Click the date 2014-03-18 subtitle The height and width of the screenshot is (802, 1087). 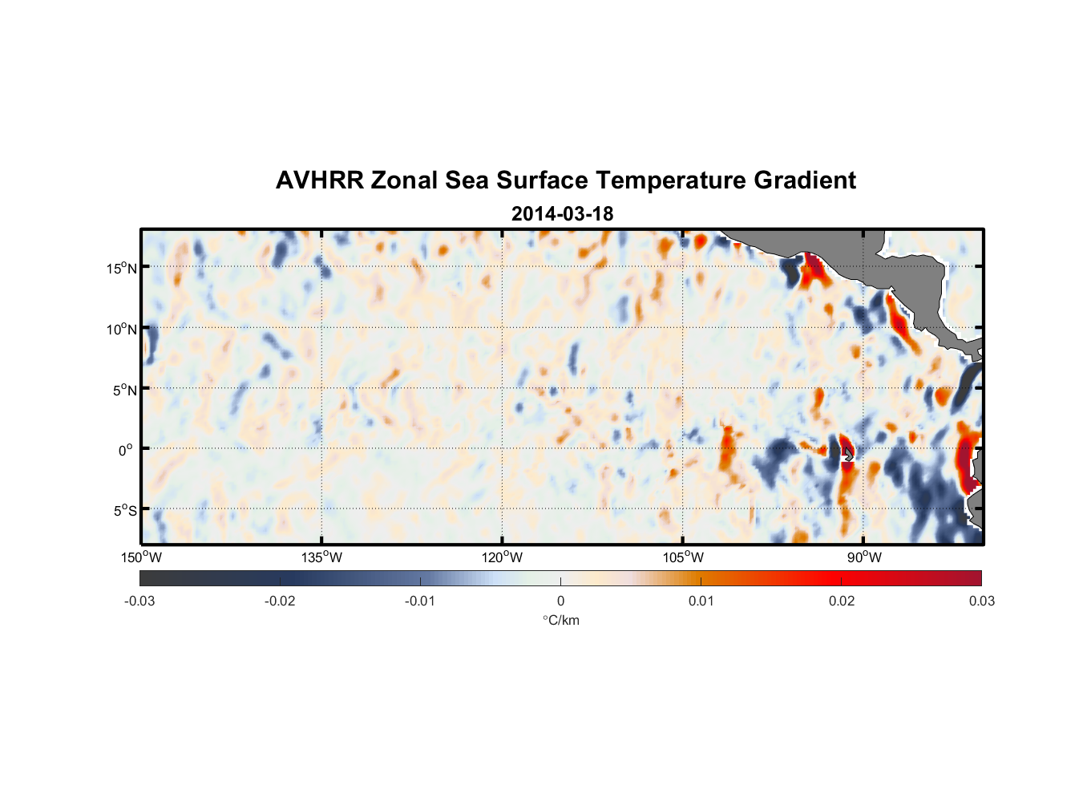click(562, 214)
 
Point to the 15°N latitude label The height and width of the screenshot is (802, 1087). click(122, 268)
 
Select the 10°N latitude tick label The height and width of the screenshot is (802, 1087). click(122, 329)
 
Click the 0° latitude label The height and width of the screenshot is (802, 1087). click(126, 450)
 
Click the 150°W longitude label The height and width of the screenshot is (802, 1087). click(142, 557)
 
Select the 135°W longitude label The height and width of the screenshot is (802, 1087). click(322, 557)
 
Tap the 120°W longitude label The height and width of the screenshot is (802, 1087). click(503, 557)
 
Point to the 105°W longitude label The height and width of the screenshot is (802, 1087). click(683, 557)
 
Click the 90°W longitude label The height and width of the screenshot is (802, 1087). click(864, 557)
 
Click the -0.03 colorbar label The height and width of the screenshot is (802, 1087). click(139, 601)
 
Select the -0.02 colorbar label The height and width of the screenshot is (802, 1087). click(280, 601)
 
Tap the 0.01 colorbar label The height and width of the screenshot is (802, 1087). click(701, 601)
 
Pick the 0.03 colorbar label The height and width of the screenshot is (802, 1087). click(981, 601)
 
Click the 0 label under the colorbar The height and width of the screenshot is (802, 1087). click(560, 601)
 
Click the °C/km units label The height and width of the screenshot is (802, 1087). click(560, 620)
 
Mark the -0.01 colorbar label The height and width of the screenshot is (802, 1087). click(420, 601)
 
